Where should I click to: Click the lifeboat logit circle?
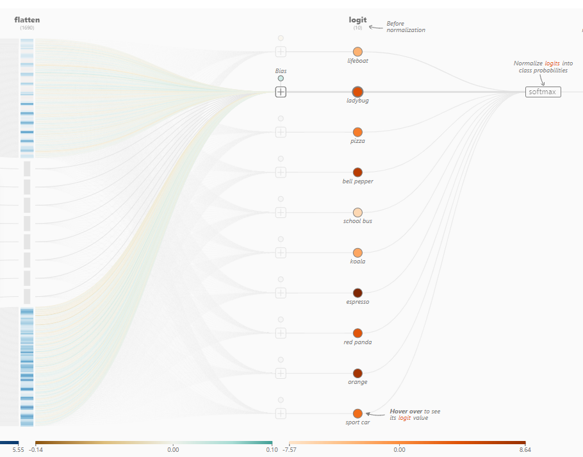coord(357,51)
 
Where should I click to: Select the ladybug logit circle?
coord(357,92)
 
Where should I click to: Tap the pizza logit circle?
coord(357,132)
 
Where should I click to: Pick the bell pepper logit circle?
coord(357,172)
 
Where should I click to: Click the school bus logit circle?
coord(357,212)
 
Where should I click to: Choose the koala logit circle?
coord(357,253)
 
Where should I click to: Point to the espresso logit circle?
coord(357,293)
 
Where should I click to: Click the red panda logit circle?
coord(357,333)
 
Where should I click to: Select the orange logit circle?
coord(357,373)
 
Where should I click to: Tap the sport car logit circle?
coord(357,413)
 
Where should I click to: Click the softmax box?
coord(543,92)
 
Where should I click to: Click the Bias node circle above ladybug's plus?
coord(281,78)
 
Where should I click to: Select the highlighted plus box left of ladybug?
coord(281,92)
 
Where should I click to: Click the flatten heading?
coord(27,20)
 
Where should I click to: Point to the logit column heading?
coord(357,20)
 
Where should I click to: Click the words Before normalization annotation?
coord(406,27)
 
